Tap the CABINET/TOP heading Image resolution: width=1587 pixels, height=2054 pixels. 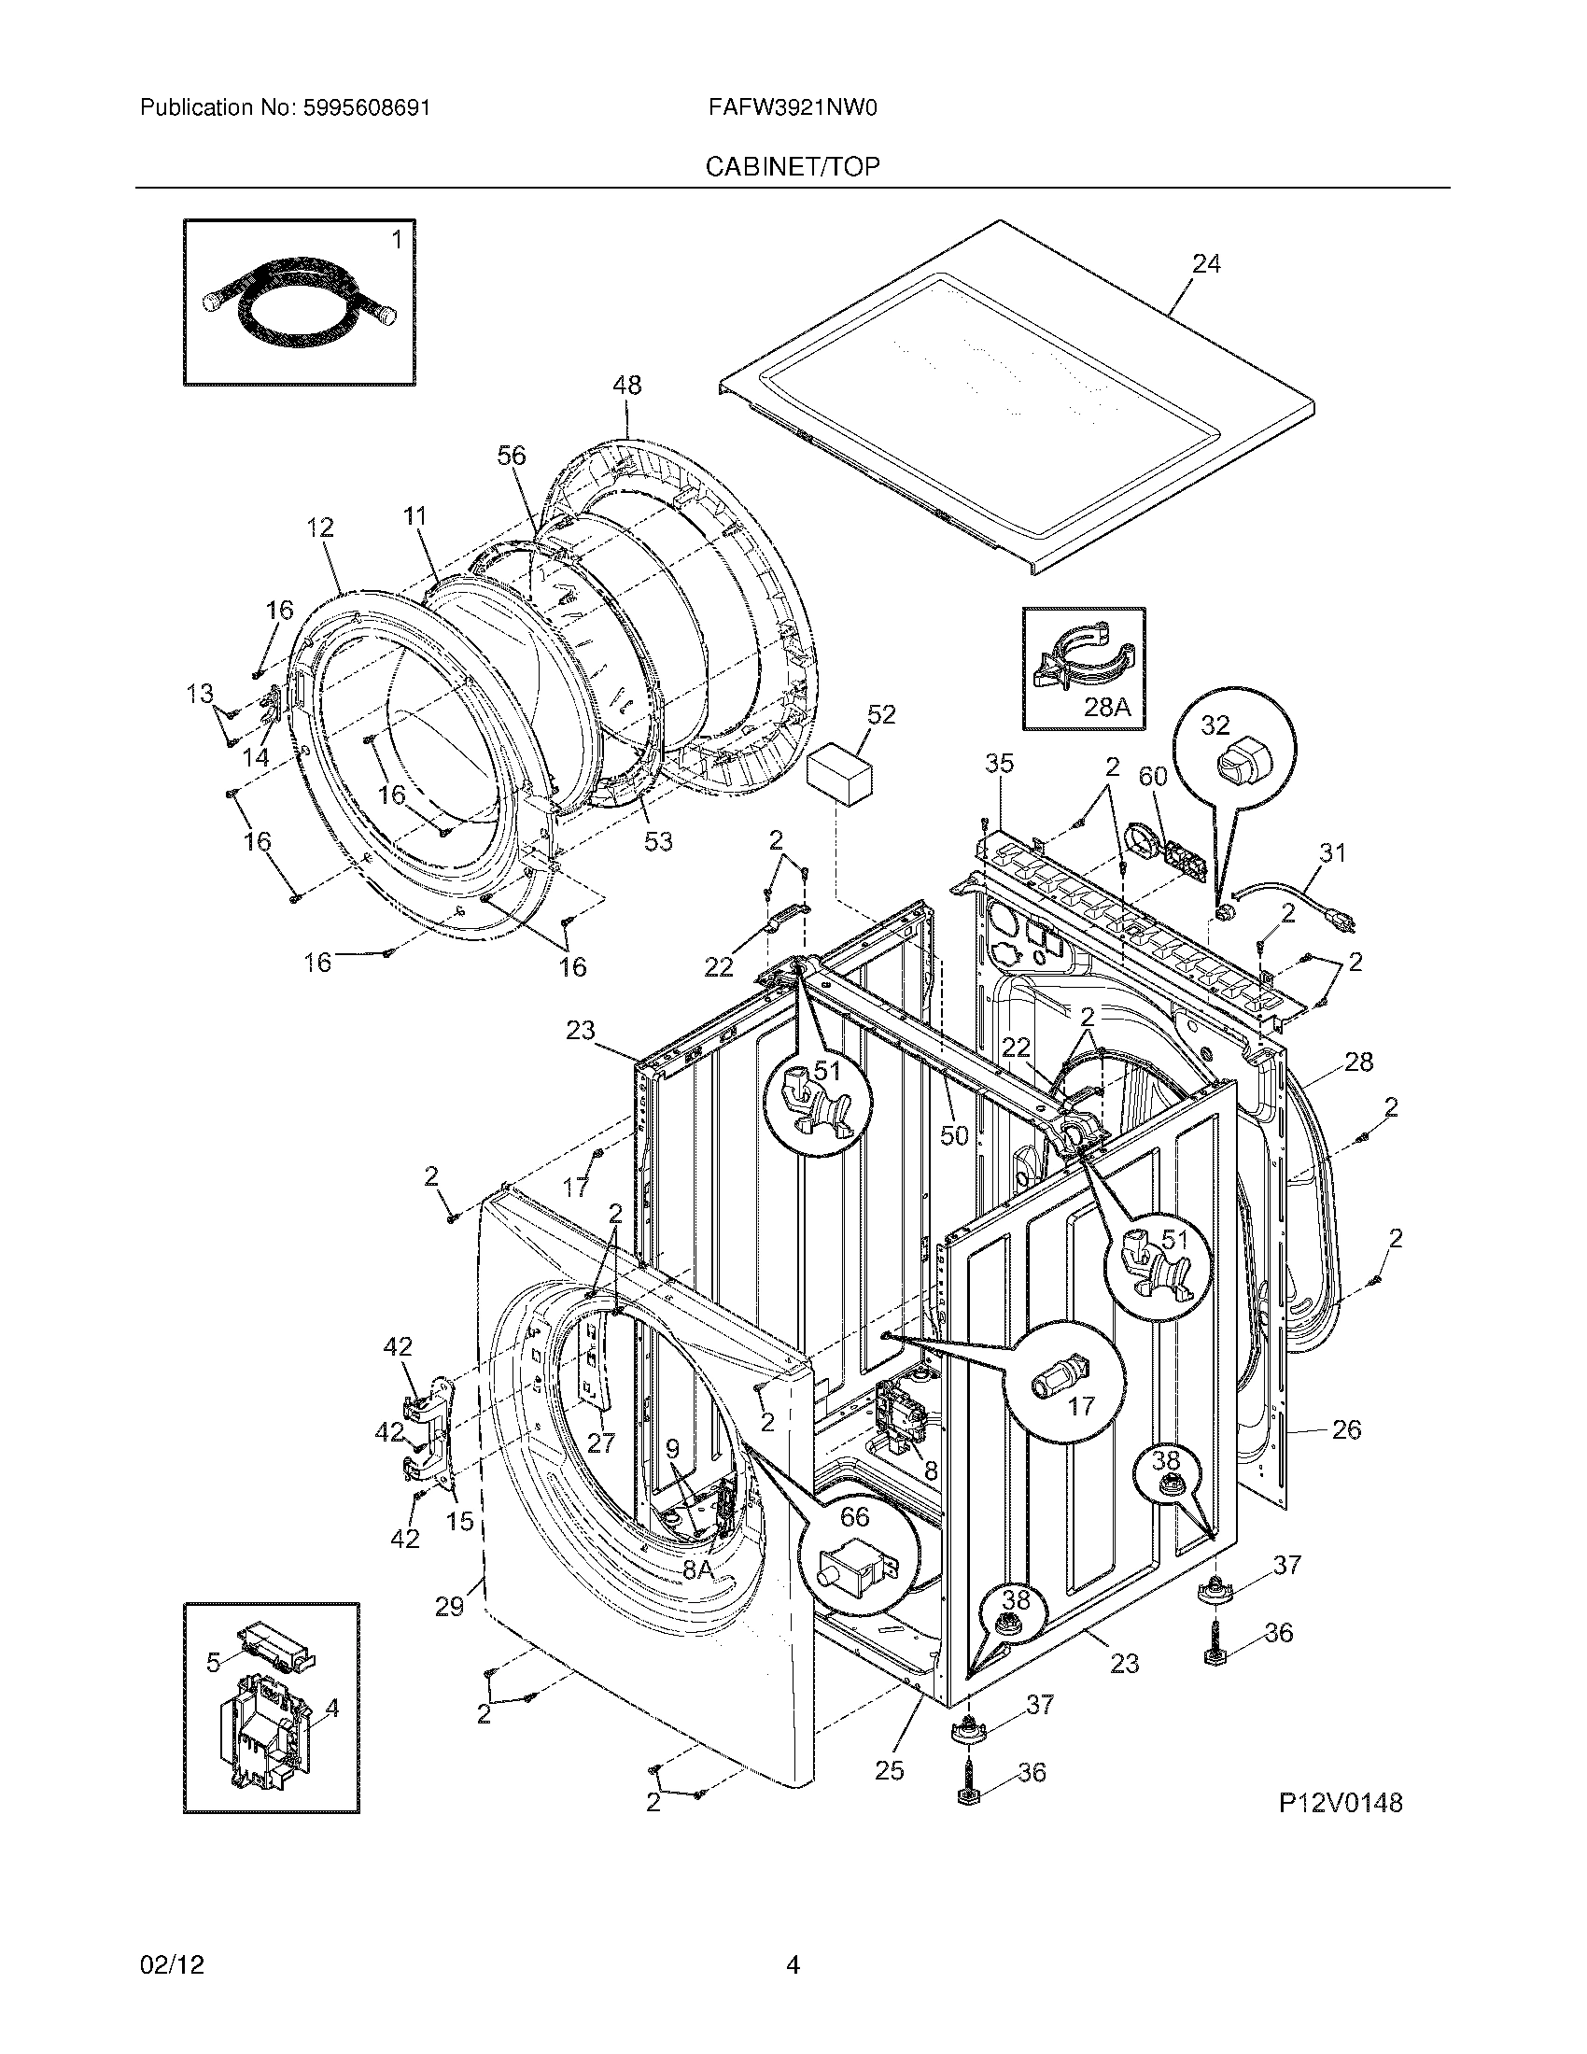pos(793,166)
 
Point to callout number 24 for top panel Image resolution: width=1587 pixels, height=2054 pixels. pos(1206,265)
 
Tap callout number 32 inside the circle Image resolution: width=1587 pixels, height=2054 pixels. pos(1215,725)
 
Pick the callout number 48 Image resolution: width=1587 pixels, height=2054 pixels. pos(627,385)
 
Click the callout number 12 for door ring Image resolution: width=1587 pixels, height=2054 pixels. pos(319,528)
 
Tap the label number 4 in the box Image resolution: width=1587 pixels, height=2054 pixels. pos(333,1707)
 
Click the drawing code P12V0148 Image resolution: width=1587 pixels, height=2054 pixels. pos(1340,1802)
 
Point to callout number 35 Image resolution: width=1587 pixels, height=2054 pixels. pos(1000,764)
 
